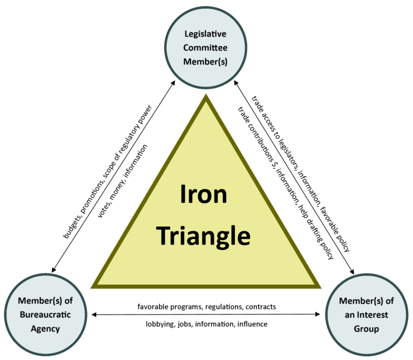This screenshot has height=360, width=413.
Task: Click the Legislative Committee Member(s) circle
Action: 206,48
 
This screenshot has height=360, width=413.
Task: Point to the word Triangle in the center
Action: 206,234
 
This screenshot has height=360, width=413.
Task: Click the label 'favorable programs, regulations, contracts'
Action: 206,307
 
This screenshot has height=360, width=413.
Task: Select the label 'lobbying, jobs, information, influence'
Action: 206,324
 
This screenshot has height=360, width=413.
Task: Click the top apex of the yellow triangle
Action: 206,97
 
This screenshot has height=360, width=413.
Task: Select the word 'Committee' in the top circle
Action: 206,48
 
